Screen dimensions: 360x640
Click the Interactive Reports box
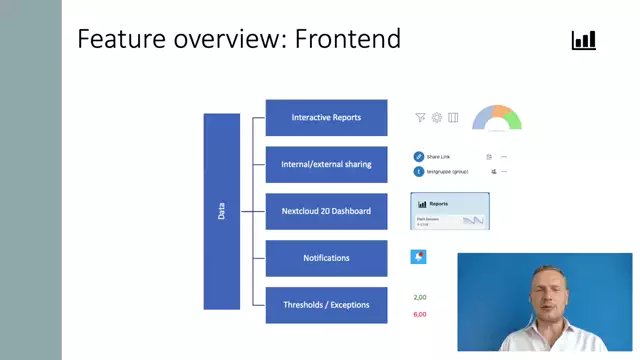pyautogui.click(x=326, y=118)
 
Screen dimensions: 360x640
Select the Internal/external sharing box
pyautogui.click(x=326, y=165)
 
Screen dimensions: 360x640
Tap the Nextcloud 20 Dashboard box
pyautogui.click(x=326, y=211)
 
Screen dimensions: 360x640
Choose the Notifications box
pyautogui.click(x=326, y=258)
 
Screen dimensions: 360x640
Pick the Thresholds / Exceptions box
pyautogui.click(x=326, y=305)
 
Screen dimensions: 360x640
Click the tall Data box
pyautogui.click(x=222, y=211)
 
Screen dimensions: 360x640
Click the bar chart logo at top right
pyautogui.click(x=583, y=40)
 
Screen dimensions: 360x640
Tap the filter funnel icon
pyautogui.click(x=420, y=118)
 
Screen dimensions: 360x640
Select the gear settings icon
pyautogui.click(x=437, y=118)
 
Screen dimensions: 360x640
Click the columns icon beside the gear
pyautogui.click(x=453, y=118)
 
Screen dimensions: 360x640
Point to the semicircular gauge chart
pyautogui.click(x=497, y=119)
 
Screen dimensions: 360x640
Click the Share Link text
pyautogui.click(x=439, y=157)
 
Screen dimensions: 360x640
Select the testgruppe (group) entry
pyautogui.click(x=447, y=171)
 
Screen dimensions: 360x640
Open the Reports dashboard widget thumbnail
pyautogui.click(x=450, y=212)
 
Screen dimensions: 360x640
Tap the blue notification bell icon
pyautogui.click(x=418, y=257)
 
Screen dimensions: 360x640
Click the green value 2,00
pyautogui.click(x=420, y=298)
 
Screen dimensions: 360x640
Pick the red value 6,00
pyautogui.click(x=420, y=315)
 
